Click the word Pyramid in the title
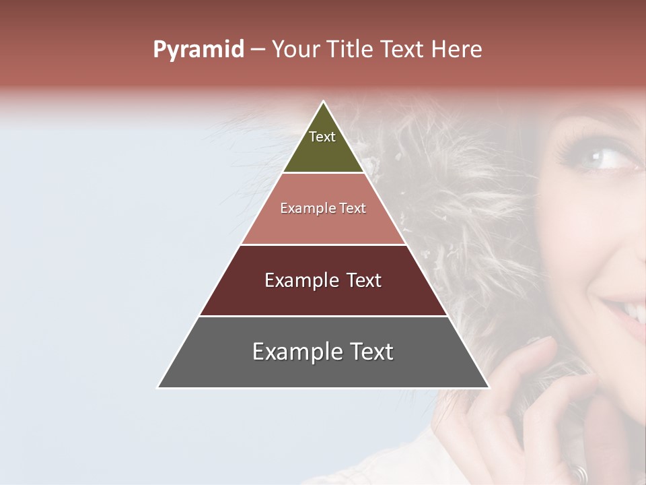(x=198, y=50)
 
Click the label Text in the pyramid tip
(x=322, y=137)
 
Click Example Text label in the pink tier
(x=323, y=208)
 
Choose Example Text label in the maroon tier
(x=323, y=280)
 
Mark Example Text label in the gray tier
(x=323, y=352)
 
